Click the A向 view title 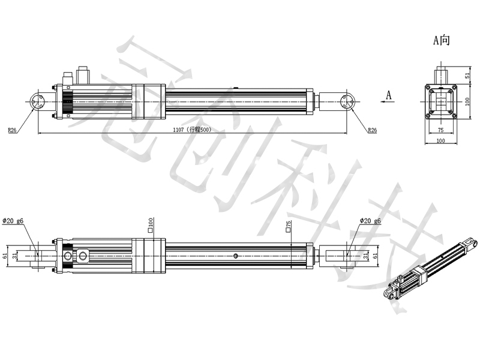click(442, 41)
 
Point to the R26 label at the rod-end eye click(373, 130)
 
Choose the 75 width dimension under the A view click(440, 129)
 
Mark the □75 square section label click(289, 227)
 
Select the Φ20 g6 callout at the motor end click(13, 221)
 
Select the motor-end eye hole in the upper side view click(37, 102)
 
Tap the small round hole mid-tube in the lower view click(236, 257)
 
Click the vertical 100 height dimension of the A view click(467, 102)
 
